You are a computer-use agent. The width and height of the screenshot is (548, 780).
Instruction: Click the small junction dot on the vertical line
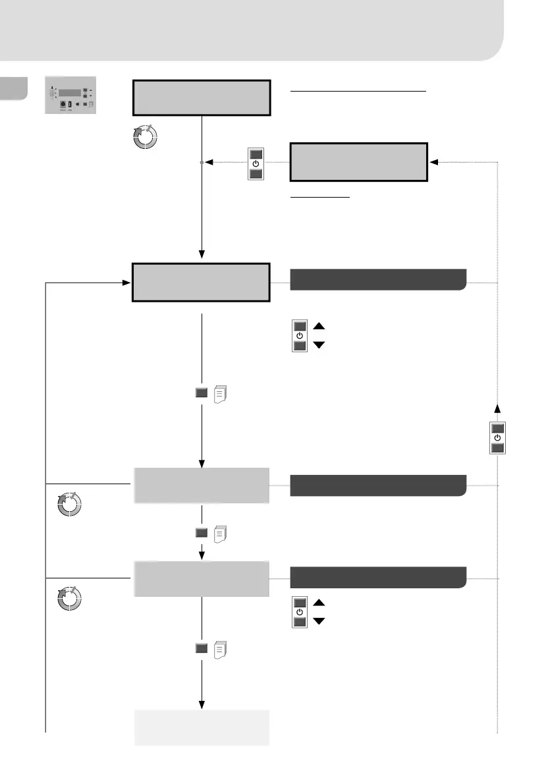point(202,161)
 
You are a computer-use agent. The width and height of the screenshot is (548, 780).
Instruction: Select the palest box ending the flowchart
point(202,727)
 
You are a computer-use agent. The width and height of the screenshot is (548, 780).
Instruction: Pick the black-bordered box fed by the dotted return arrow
point(359,161)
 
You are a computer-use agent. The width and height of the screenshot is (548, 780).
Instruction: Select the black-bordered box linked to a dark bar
point(202,282)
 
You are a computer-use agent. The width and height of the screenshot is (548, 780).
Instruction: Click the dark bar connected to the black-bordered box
point(378,279)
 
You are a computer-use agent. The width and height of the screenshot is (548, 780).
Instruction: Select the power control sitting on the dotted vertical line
point(497,437)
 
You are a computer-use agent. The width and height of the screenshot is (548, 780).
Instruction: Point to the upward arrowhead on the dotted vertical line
point(497,408)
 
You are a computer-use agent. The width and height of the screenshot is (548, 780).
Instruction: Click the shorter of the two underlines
point(320,197)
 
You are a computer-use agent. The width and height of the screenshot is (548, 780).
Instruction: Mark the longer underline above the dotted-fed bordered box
point(358,92)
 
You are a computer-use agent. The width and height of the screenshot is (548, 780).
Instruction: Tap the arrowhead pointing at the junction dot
point(208,161)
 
